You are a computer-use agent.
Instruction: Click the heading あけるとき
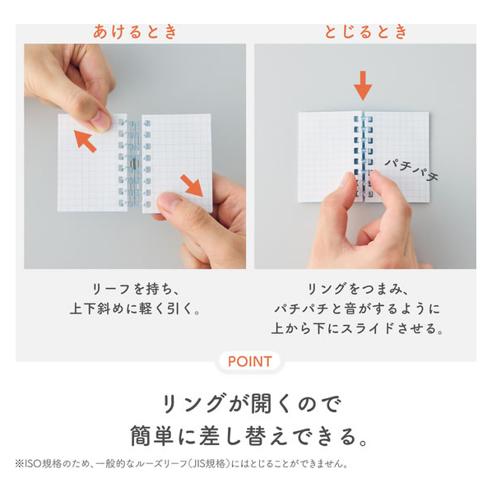(x=136, y=32)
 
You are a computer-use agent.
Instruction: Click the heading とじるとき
(x=366, y=32)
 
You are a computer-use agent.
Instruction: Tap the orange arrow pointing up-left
(x=85, y=142)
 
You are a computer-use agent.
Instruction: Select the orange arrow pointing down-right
(x=192, y=186)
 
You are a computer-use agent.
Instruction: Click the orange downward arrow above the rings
(x=363, y=86)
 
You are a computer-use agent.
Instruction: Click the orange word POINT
(x=250, y=361)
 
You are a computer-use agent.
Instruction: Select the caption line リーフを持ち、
(x=136, y=289)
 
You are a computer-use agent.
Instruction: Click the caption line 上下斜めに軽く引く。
(x=136, y=309)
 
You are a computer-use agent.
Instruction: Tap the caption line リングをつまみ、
(x=358, y=289)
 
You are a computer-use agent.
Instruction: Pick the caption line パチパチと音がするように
(x=358, y=309)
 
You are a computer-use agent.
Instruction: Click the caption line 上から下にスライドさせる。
(x=358, y=328)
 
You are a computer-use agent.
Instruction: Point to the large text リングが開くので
(x=251, y=403)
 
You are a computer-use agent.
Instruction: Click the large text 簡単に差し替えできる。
(x=250, y=436)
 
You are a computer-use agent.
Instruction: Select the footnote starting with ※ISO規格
(x=182, y=463)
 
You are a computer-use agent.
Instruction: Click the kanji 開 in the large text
(x=262, y=403)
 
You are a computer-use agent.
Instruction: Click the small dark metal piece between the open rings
(x=134, y=164)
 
